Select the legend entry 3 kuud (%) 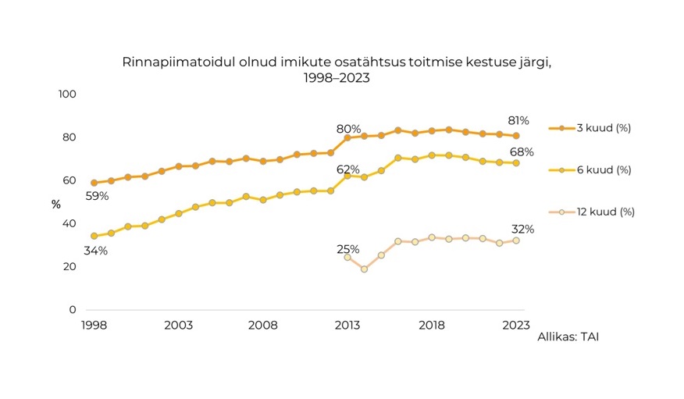[x=603, y=128]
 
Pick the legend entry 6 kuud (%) [x=603, y=169]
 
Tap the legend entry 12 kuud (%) [x=605, y=212]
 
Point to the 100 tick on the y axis [x=68, y=94]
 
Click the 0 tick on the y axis [x=73, y=310]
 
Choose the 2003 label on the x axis [x=179, y=325]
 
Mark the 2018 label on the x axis [x=432, y=325]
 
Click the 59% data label [x=97, y=196]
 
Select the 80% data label [x=348, y=129]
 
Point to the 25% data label [x=348, y=250]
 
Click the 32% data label [x=523, y=230]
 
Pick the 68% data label [x=522, y=151]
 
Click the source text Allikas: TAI [x=568, y=337]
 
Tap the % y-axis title [x=56, y=205]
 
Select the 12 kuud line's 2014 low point [x=364, y=269]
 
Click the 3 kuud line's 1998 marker [x=94, y=183]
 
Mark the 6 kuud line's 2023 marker [x=516, y=162]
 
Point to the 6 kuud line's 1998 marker [x=94, y=236]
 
